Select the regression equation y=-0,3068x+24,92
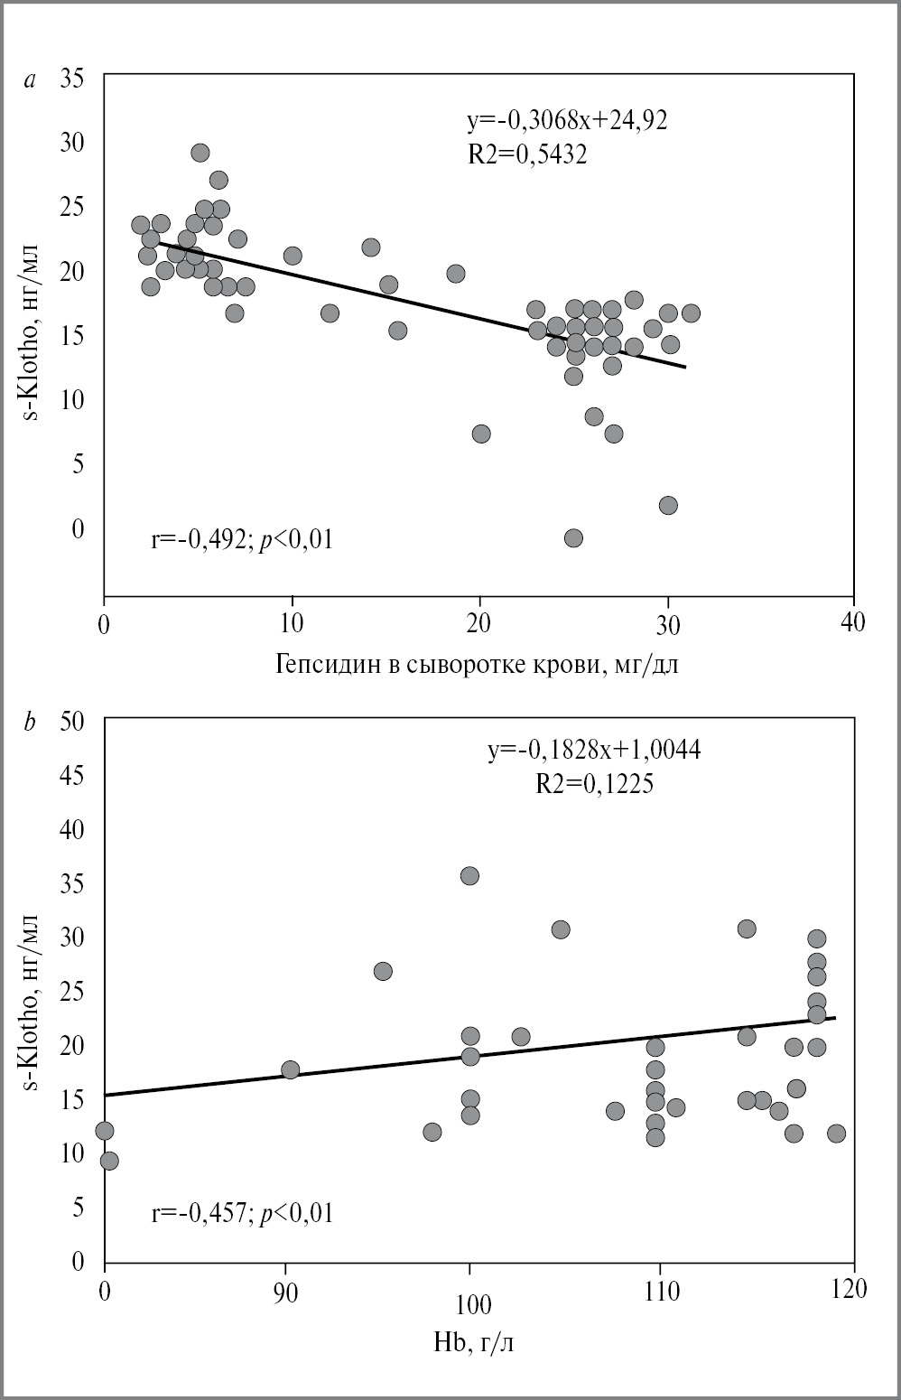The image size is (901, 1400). [567, 121]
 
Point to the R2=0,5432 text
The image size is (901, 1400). [527, 154]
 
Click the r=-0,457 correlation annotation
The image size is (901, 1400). [242, 1212]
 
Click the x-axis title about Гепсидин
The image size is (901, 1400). [476, 666]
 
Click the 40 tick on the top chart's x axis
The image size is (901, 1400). [852, 622]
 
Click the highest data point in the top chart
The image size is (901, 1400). [200, 153]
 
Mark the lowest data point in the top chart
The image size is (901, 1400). [573, 538]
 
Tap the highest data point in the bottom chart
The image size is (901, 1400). [469, 875]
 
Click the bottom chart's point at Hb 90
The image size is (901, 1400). [291, 1069]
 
